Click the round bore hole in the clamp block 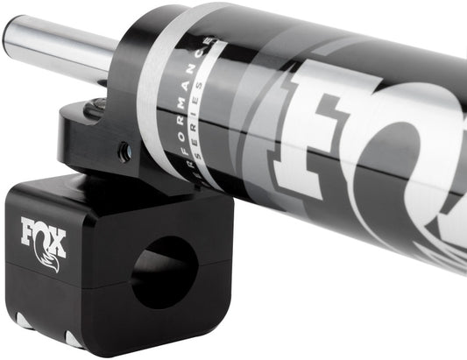[164, 272]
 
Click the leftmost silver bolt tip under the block [24, 321]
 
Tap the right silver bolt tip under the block [74, 338]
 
